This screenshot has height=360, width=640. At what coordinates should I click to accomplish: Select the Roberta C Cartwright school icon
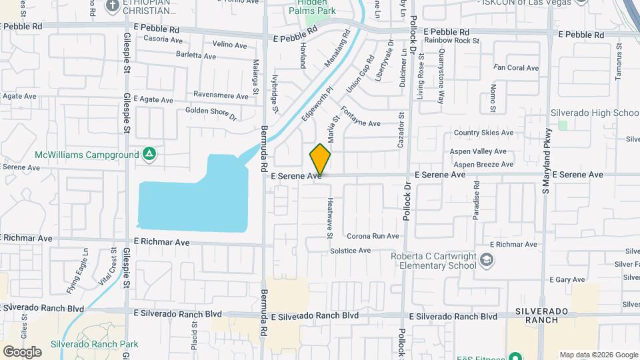tap(487, 259)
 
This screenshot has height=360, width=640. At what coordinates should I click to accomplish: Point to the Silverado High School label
tap(595, 113)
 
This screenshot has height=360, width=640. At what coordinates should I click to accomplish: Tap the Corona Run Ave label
tap(373, 236)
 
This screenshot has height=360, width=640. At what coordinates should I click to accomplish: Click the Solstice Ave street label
tap(355, 251)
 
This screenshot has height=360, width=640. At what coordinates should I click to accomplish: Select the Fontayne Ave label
tap(360, 117)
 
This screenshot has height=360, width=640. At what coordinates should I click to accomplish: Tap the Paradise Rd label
tap(477, 203)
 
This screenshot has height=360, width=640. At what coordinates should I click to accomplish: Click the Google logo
tap(21, 351)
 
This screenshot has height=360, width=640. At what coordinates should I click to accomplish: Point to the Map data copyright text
tap(598, 355)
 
